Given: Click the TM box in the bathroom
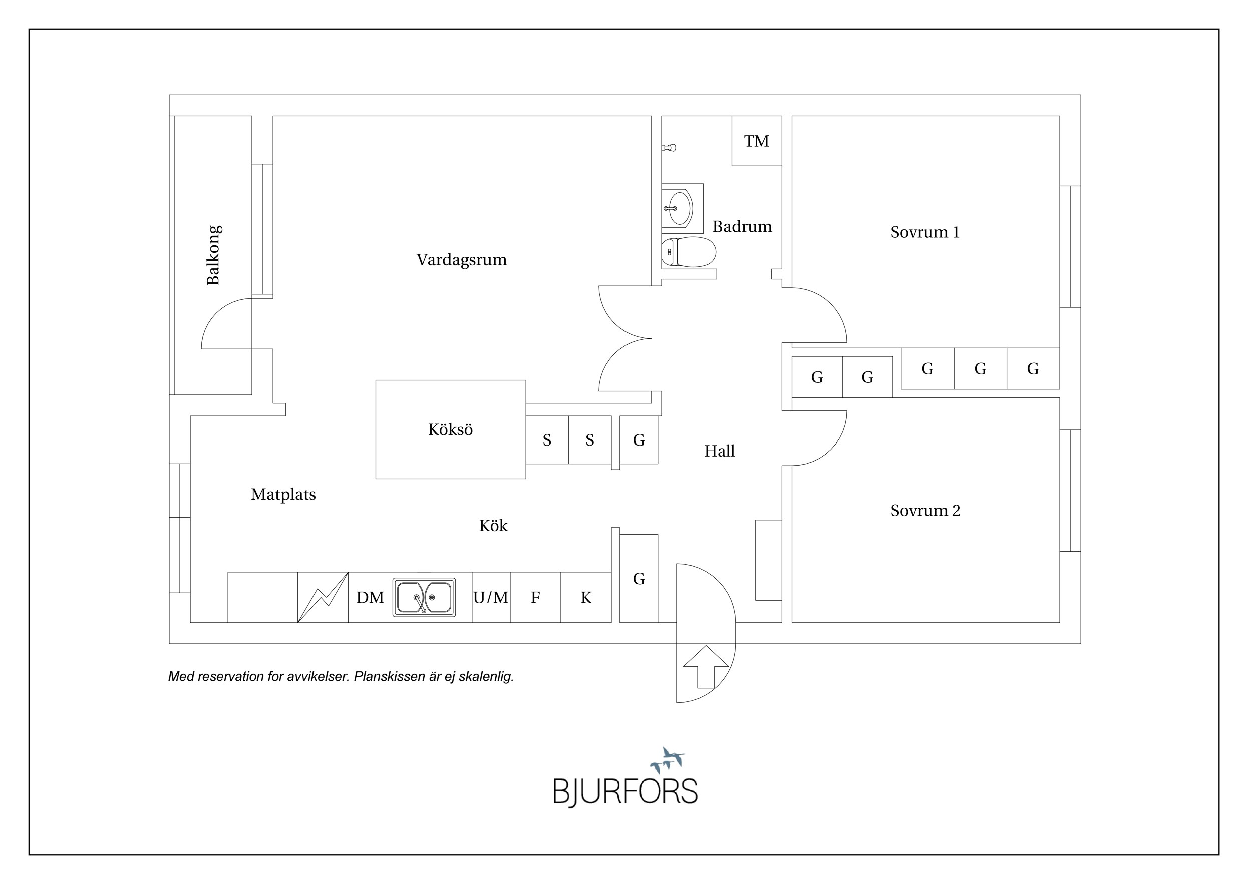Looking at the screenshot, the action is coord(756,141).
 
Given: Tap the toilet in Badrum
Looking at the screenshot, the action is coord(688,252).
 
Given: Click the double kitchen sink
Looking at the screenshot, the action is coord(424,597).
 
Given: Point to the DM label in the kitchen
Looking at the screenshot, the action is coord(370,598).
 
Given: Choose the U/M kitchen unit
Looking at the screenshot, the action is coord(491,597).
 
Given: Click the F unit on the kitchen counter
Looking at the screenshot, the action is coord(535,597).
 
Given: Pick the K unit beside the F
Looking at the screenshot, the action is coord(586,597).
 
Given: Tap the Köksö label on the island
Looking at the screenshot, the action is coord(450,429).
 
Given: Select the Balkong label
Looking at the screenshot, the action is coord(213,255).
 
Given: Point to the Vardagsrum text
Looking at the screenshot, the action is coord(462,260).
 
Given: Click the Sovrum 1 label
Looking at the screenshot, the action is coord(925,232).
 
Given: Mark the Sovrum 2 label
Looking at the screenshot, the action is coord(925,511).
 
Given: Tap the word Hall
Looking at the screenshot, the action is coord(719,451).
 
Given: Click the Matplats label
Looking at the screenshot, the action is coord(283,494).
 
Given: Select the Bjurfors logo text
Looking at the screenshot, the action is coord(625,791).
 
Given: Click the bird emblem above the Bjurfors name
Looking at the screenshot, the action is coord(668,760).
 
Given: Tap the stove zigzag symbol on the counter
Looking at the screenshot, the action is coord(323,597).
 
